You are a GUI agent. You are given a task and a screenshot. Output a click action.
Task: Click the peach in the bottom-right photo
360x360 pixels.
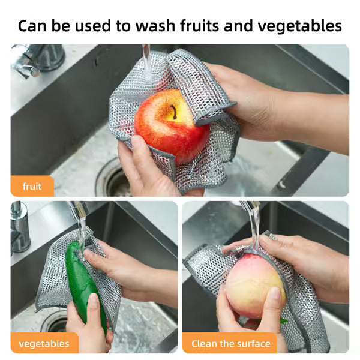254,285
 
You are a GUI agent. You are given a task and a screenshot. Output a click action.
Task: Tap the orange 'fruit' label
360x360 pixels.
32,186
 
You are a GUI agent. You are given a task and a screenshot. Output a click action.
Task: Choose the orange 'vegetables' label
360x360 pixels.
44,343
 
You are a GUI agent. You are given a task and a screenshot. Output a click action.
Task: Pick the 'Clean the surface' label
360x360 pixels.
230,343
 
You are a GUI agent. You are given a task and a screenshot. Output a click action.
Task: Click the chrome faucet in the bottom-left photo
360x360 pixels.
20,228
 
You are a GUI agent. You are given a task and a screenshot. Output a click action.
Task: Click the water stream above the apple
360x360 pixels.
146,60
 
